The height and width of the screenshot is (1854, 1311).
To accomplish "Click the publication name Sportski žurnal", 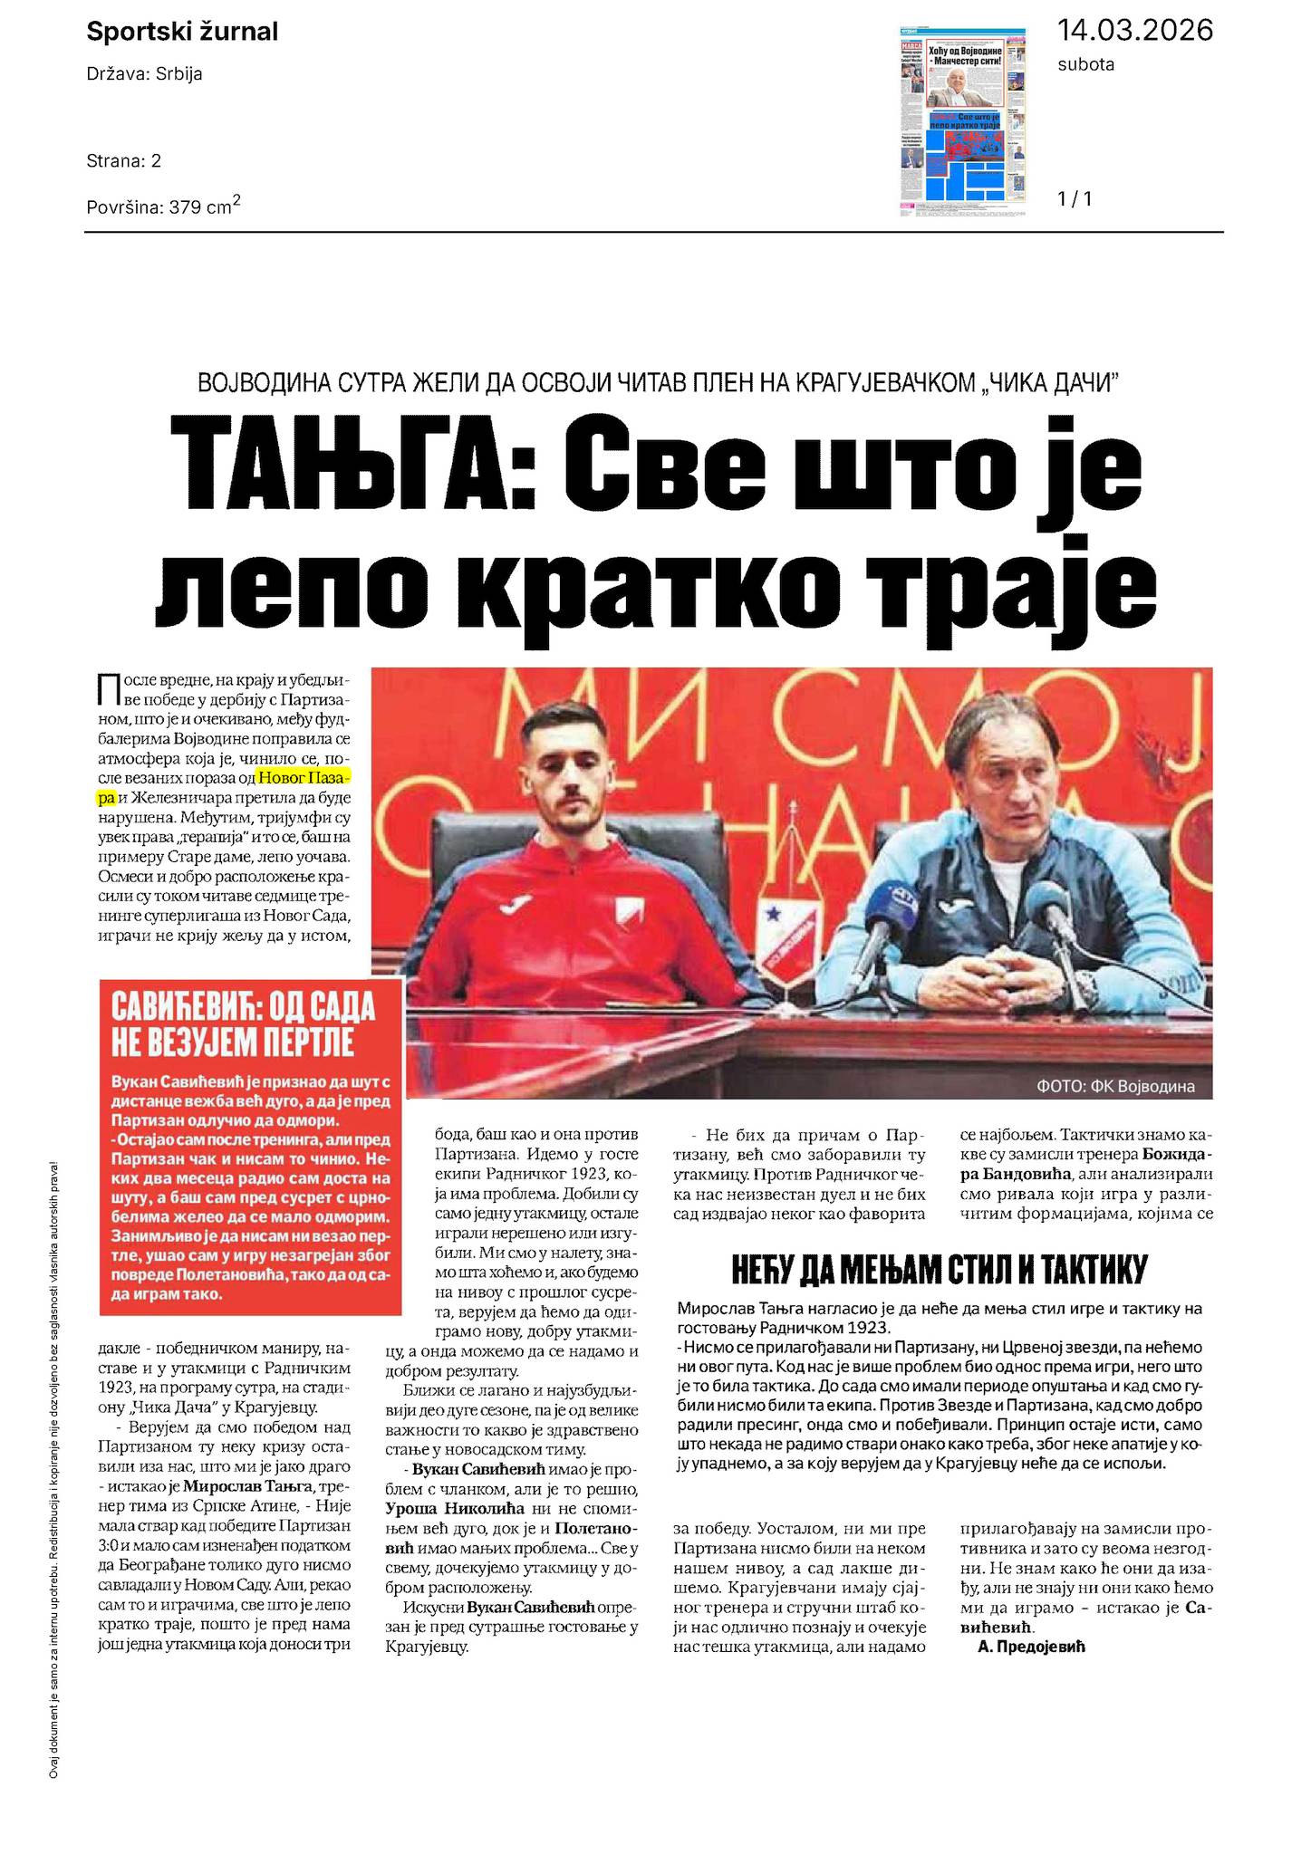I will click(182, 33).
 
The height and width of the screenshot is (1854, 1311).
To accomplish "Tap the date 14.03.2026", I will click(1134, 30).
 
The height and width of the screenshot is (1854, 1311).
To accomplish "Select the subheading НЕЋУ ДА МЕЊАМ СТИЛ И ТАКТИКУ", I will click(939, 1270).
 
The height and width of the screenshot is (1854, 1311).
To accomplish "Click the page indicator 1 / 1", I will click(1075, 198).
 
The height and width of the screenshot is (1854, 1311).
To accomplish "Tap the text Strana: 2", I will click(124, 161).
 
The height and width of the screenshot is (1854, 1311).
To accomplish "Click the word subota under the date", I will click(1085, 64).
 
